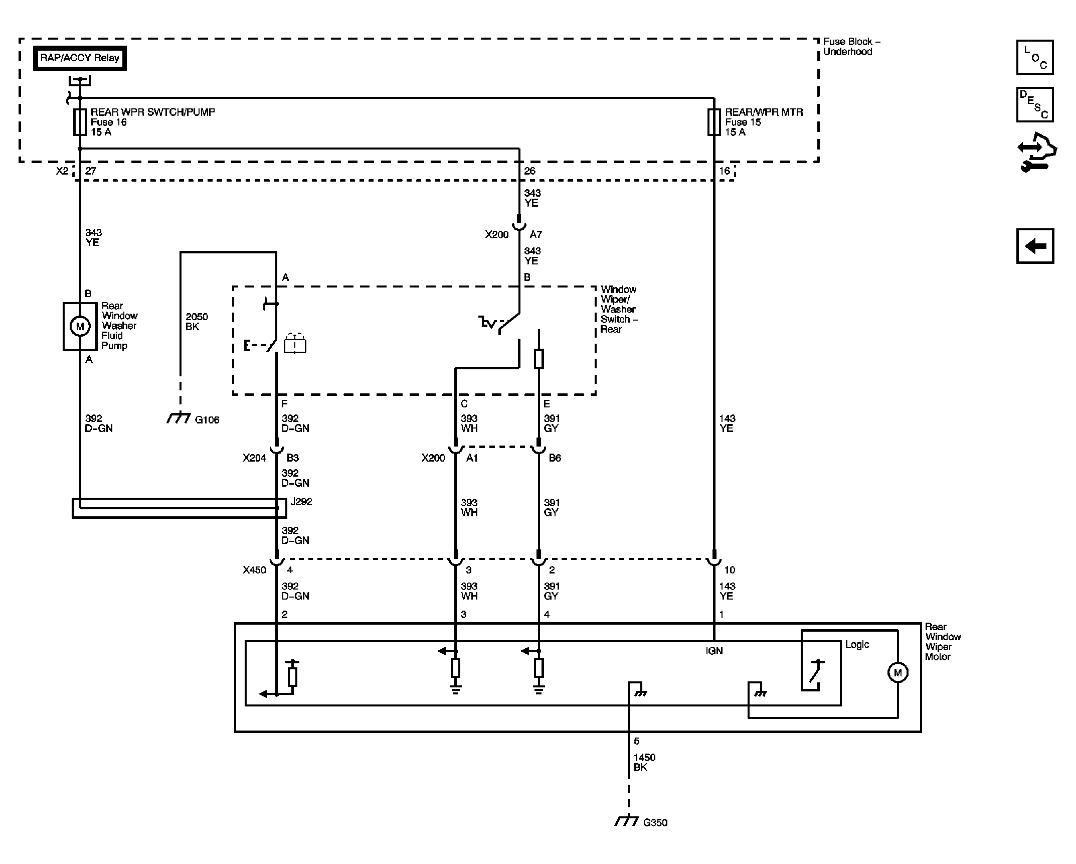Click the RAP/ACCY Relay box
[80, 58]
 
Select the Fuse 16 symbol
[80, 122]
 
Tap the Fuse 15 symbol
[714, 122]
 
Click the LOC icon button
[1035, 57]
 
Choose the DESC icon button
[1035, 104]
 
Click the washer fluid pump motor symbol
[80, 327]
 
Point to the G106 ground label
[207, 420]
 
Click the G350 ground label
[655, 822]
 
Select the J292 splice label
[301, 501]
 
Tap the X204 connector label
[254, 458]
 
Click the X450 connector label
[254, 570]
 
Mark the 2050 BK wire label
[197, 322]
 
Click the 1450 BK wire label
[644, 762]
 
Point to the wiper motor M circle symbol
[898, 672]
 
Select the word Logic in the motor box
[857, 644]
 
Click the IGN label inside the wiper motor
[714, 651]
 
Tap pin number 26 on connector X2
[529, 171]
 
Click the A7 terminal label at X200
[535, 234]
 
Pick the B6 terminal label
[555, 458]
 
